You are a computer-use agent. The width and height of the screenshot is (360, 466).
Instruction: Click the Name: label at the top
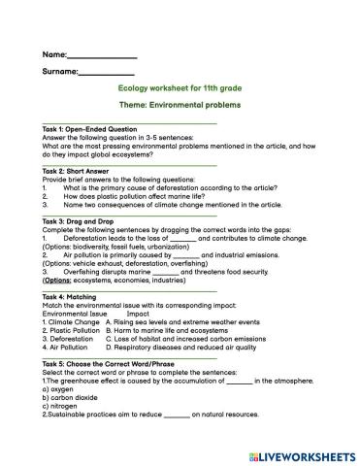coord(55,54)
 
